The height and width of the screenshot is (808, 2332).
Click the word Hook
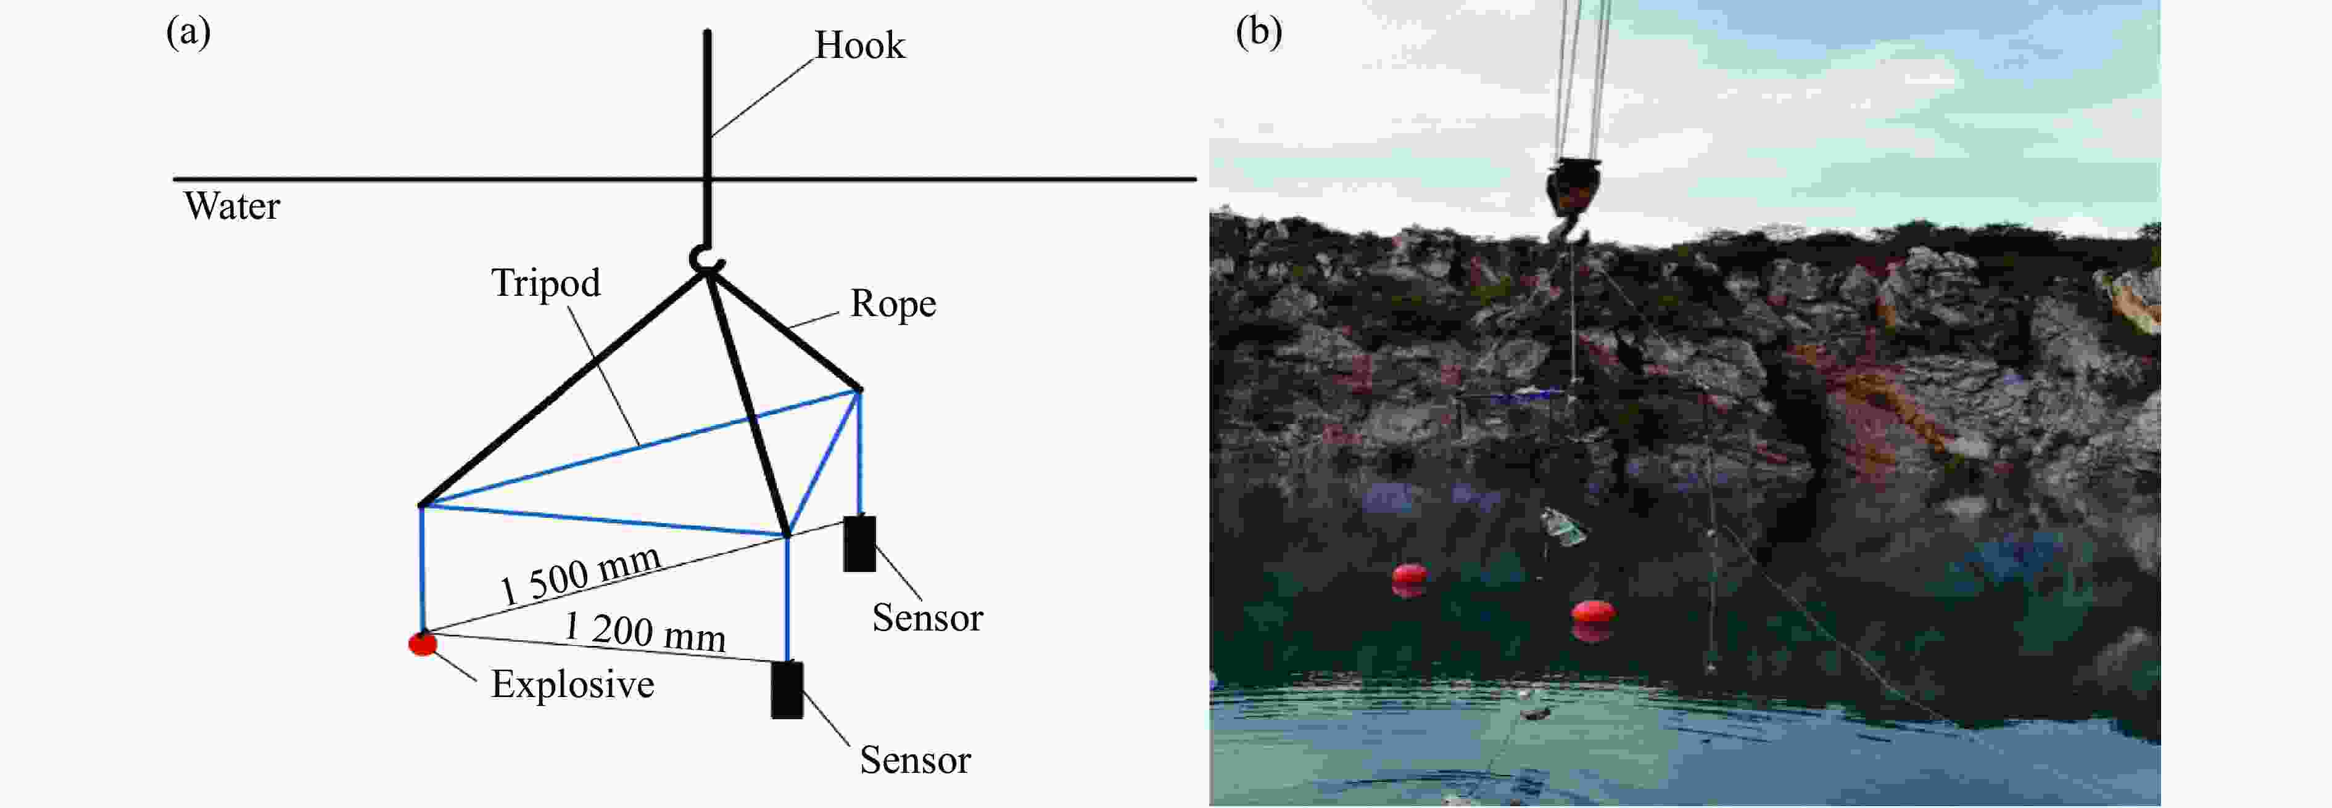tap(859, 45)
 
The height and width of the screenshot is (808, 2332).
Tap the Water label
tap(232, 206)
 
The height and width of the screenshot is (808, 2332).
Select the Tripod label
tap(546, 284)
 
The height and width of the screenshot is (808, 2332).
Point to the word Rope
tap(893, 304)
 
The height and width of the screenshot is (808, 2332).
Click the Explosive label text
tap(572, 685)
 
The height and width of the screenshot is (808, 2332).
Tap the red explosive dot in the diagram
tap(423, 643)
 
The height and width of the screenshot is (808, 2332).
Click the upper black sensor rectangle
tap(859, 544)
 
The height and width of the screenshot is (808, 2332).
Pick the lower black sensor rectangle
tap(787, 690)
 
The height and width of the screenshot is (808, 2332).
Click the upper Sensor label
tap(927, 618)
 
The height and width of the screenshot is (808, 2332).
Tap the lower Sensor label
tap(914, 760)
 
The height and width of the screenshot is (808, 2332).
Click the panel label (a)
tap(188, 33)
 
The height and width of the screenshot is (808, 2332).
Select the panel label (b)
tap(1259, 33)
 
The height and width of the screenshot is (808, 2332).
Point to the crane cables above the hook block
tap(1582, 72)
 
